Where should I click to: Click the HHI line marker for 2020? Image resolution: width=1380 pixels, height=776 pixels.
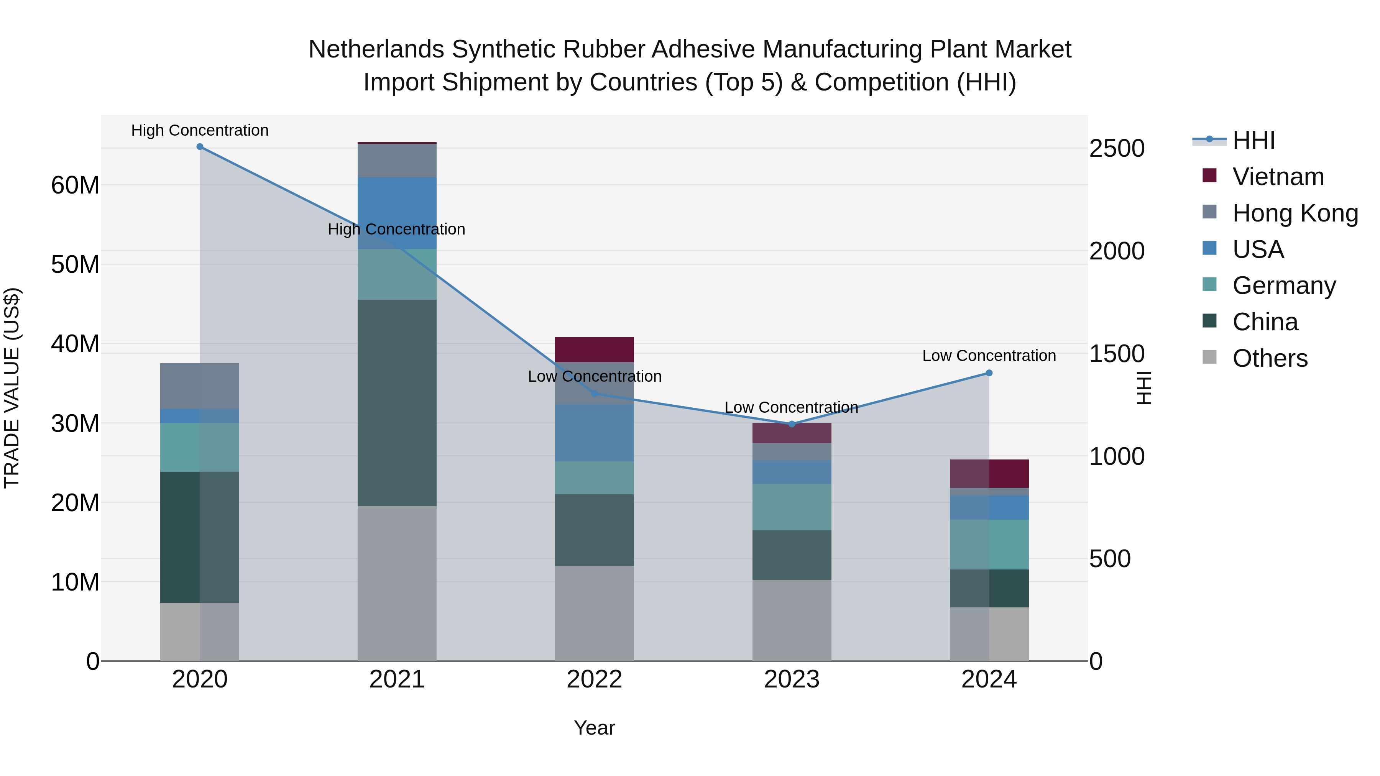[200, 147]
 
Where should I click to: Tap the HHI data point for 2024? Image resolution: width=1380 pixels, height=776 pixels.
[989, 373]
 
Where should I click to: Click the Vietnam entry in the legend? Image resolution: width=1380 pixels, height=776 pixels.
[1278, 177]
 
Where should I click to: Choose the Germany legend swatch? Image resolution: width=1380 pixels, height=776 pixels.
[1210, 284]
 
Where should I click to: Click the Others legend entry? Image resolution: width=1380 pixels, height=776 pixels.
[1270, 358]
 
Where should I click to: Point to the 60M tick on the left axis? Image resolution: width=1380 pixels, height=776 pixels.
[75, 185]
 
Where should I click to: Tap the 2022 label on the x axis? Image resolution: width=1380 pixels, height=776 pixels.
[594, 679]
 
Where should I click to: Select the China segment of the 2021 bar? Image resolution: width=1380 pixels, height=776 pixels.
[397, 402]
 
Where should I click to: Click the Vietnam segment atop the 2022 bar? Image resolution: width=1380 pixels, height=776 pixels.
[594, 350]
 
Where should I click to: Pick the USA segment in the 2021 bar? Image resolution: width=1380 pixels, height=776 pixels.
[397, 213]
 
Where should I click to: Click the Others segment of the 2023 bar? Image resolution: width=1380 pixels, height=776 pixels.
[792, 620]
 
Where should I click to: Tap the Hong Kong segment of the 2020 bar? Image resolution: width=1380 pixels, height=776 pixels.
[200, 386]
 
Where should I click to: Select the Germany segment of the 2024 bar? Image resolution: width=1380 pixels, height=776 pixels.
[989, 544]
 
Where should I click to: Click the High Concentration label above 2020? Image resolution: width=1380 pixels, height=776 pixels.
[200, 131]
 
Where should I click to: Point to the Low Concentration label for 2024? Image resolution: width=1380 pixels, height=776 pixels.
[989, 356]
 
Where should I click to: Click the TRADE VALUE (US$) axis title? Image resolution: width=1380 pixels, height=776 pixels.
[12, 388]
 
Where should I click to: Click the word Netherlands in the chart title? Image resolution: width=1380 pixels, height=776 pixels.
[376, 49]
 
